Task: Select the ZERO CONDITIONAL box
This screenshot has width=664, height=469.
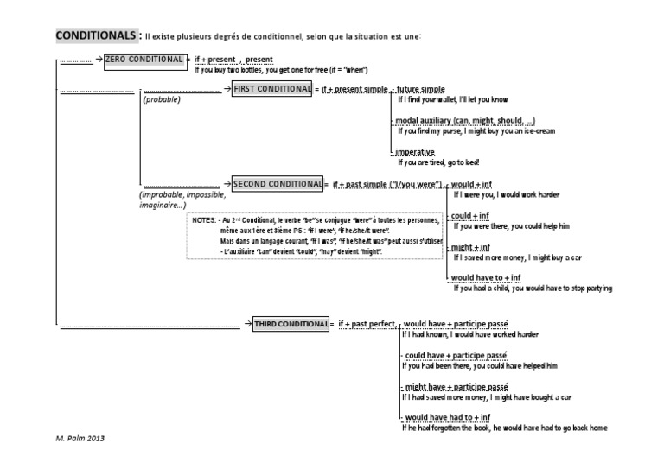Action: point(144,60)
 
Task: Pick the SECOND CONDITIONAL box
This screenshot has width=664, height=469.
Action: point(276,183)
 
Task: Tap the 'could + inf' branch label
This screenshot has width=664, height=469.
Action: point(471,216)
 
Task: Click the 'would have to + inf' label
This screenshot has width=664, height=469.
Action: point(487,277)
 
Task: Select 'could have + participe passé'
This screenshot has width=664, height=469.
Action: point(455,355)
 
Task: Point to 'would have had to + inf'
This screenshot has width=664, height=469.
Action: point(450,416)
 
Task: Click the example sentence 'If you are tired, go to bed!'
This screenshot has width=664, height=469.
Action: point(437,162)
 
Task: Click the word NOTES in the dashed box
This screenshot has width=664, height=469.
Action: point(204,220)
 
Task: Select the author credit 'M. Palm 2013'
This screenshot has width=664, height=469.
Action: point(80,439)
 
